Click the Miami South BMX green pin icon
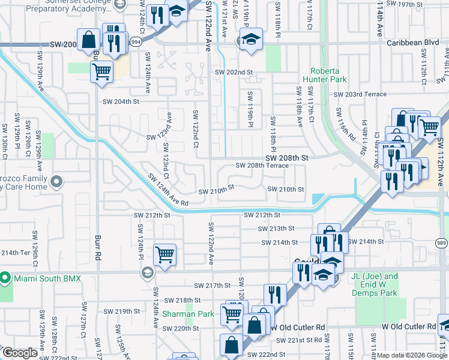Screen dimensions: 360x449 (5, 278)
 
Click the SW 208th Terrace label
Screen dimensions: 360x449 (262, 166)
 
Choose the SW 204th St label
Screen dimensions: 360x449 (120, 102)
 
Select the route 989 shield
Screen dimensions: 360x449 (441, 241)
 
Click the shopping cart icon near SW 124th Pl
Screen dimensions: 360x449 (164, 254)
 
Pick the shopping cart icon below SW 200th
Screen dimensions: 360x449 (101, 71)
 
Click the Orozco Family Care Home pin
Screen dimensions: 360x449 (57, 181)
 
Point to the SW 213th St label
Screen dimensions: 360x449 (276, 229)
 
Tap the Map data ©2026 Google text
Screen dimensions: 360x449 (412, 355)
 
